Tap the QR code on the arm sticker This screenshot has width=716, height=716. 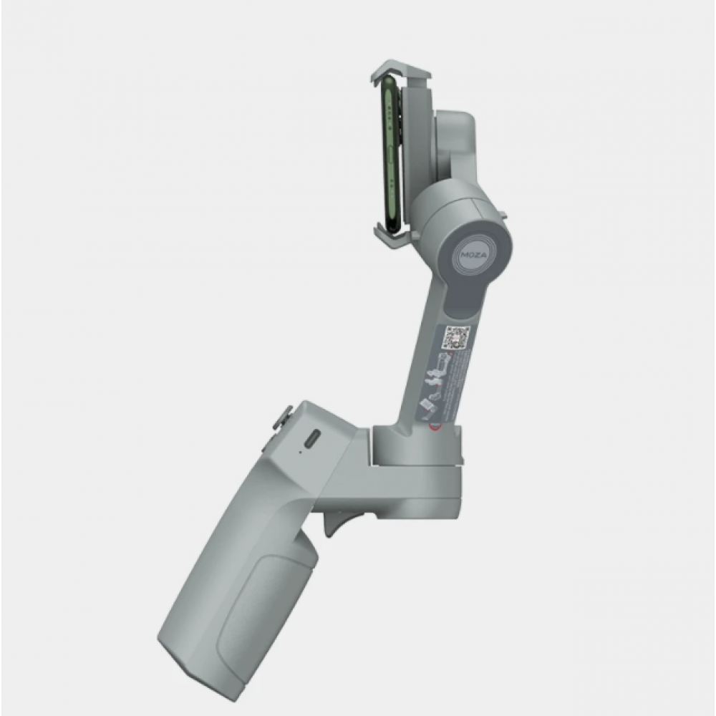[456, 337]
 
